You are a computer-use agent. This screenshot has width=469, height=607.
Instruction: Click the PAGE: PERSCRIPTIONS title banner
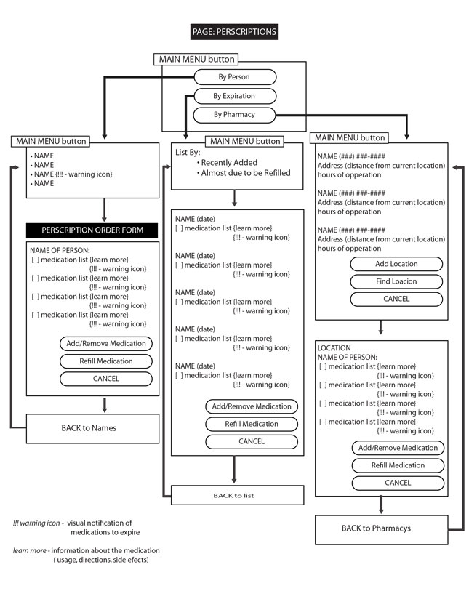[x=234, y=32]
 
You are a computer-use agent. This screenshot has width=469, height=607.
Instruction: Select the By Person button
[x=235, y=77]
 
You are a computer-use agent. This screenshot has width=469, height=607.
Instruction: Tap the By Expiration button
[x=235, y=96]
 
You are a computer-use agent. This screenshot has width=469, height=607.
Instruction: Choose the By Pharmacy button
[x=234, y=115]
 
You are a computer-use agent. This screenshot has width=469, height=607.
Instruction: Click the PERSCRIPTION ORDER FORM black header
[x=92, y=230]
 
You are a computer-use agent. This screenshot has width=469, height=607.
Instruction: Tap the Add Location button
[x=396, y=264]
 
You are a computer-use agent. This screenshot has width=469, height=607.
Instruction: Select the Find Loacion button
[x=396, y=281]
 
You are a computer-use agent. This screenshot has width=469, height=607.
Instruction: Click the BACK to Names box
[x=92, y=429]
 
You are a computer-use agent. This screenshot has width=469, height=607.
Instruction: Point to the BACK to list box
[x=237, y=495]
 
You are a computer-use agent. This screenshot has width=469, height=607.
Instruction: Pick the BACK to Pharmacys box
[x=382, y=529]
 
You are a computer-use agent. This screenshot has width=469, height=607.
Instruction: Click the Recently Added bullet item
[x=227, y=163]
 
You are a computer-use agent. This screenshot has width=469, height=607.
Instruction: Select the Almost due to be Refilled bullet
[x=244, y=173]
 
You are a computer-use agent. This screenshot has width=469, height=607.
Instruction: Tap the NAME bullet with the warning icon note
[x=71, y=174]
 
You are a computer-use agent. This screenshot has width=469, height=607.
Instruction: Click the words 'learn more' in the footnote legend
[x=29, y=550]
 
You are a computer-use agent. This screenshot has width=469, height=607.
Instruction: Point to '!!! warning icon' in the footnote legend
[x=36, y=523]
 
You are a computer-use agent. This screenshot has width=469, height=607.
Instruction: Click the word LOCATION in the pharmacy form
[x=334, y=348]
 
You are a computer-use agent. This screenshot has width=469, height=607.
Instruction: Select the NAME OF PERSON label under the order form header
[x=60, y=251]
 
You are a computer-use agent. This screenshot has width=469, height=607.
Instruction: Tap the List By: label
[x=188, y=153]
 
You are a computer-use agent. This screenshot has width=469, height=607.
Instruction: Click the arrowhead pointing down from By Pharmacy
[x=406, y=136]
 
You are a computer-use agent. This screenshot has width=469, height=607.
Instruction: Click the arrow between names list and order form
[x=104, y=210]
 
